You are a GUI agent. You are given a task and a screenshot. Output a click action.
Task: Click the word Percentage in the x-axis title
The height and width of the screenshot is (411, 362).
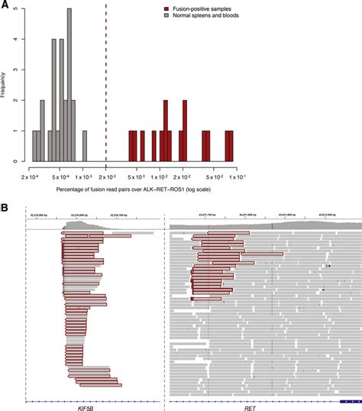click(x=74, y=188)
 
